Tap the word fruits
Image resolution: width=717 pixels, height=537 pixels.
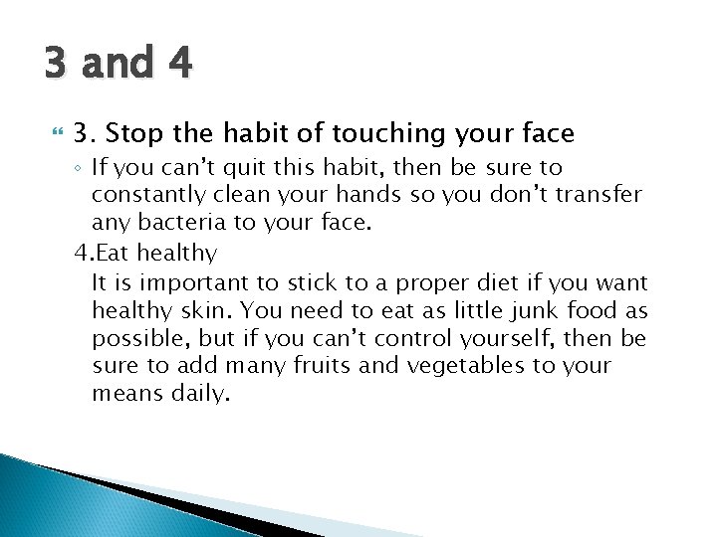[x=319, y=366]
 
